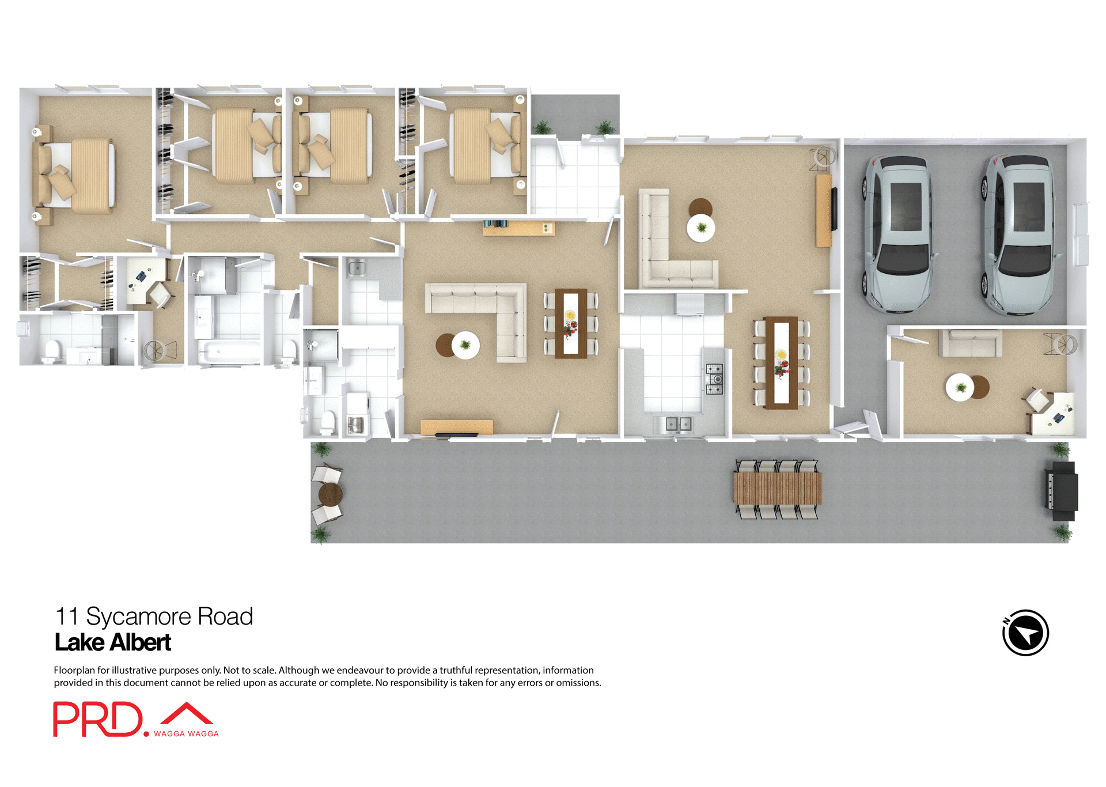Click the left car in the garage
[x=897, y=233]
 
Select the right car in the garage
[x=1020, y=233]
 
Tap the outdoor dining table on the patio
[x=777, y=488]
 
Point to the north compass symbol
[x=1025, y=633]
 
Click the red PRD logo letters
[x=98, y=719]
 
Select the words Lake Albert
[x=113, y=642]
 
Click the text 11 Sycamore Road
[x=154, y=616]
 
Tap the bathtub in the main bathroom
[x=229, y=352]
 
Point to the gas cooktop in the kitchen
[x=714, y=379]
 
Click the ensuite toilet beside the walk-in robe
[x=52, y=351]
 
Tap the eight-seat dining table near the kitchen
[x=781, y=362]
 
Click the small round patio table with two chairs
[x=330, y=494]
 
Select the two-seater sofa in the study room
[x=970, y=343]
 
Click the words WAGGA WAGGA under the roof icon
[x=186, y=733]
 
